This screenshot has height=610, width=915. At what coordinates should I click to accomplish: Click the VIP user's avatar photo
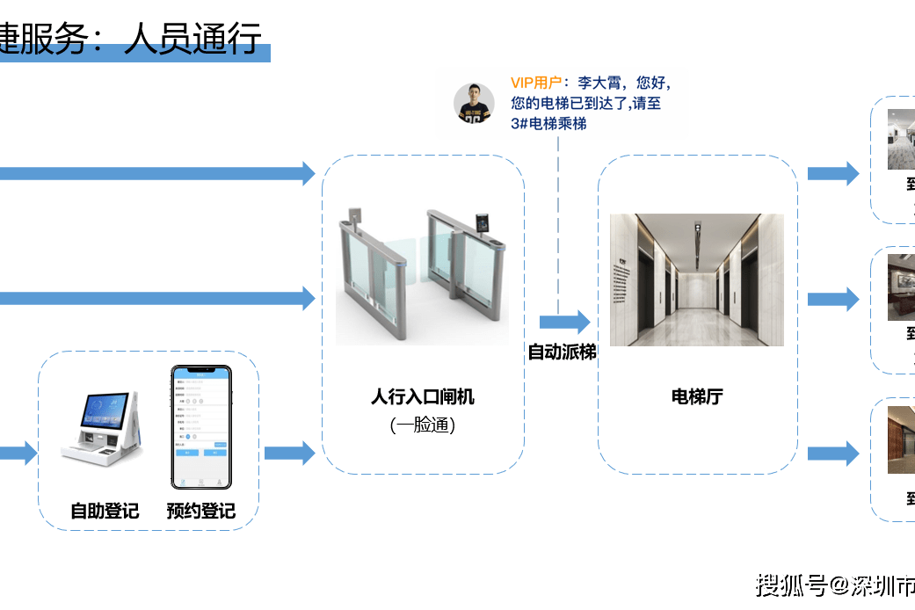point(474,103)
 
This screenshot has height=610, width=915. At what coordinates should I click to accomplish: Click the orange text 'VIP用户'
point(536,83)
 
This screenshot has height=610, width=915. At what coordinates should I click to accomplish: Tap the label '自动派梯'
point(562,352)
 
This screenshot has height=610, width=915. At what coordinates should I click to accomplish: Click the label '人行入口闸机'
point(422,396)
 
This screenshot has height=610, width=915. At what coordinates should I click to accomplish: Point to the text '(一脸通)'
point(422,425)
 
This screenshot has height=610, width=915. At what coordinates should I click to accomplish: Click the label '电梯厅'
point(697,396)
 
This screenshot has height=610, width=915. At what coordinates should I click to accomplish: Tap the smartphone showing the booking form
point(201,427)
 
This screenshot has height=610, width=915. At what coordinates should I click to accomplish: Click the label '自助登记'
point(105,511)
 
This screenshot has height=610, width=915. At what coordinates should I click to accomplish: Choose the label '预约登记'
point(201,511)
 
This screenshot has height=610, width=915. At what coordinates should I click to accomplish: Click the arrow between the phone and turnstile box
point(289,454)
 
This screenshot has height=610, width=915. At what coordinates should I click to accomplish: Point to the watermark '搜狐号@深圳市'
point(835,585)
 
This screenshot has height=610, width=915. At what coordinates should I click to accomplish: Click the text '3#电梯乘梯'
point(548,124)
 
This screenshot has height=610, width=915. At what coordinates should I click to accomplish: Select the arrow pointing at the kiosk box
point(18,454)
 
